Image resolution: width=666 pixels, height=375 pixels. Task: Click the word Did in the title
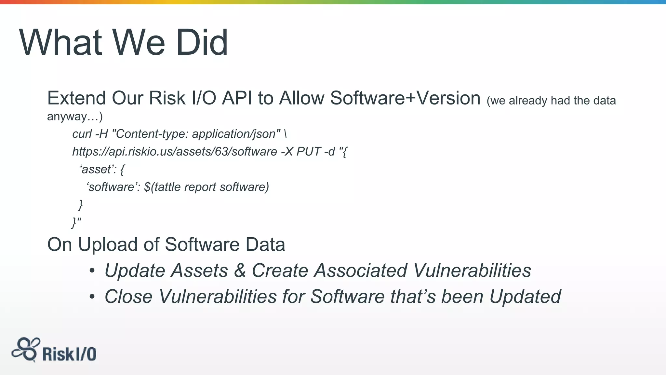202,43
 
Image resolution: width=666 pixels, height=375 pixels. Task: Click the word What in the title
60,43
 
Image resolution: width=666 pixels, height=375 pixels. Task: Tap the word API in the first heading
237,98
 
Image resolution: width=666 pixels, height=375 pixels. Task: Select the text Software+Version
405,98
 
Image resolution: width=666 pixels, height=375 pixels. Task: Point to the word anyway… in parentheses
74,116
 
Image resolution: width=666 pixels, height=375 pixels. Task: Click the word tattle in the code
167,187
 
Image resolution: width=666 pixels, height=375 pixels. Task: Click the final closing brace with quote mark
76,223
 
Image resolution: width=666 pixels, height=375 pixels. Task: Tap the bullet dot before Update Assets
92,271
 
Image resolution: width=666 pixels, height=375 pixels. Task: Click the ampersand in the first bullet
240,271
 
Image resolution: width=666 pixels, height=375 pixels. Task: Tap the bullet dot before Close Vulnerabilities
92,297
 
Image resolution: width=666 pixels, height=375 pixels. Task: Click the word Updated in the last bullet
525,297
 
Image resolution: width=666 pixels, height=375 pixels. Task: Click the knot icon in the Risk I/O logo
26,349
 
